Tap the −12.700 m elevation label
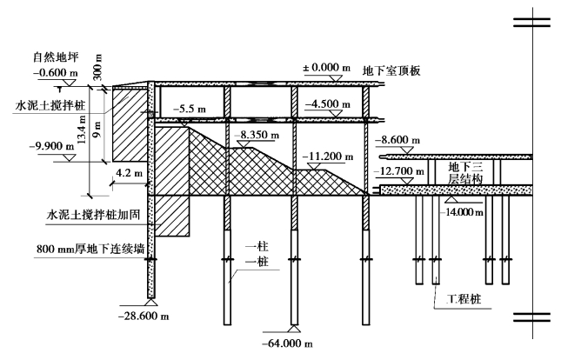click(401, 172)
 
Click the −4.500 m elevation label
click(328, 103)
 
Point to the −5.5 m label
click(190, 110)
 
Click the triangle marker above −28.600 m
click(152, 303)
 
